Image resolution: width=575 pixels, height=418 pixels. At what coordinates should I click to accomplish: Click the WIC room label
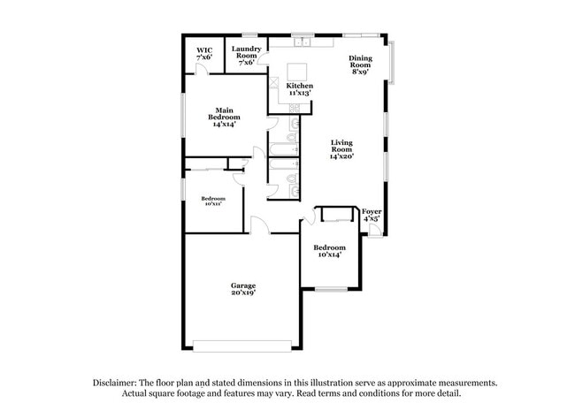click(x=203, y=54)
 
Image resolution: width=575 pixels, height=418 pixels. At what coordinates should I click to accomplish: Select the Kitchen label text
click(x=300, y=90)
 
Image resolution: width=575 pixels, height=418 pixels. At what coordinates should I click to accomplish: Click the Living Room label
click(x=342, y=149)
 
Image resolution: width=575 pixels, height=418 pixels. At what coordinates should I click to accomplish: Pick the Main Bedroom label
click(x=221, y=117)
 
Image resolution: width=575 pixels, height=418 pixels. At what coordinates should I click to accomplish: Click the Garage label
click(x=243, y=289)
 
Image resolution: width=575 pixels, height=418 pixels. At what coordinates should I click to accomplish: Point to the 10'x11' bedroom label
click(x=212, y=201)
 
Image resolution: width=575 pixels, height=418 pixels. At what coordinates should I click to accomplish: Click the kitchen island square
click(x=297, y=71)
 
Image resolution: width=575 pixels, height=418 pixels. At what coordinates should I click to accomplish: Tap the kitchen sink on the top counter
click(x=303, y=41)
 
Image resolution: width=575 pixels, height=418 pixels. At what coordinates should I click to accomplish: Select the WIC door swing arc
click(x=201, y=69)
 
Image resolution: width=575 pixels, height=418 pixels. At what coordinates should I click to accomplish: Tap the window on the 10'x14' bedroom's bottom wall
click(x=332, y=289)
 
